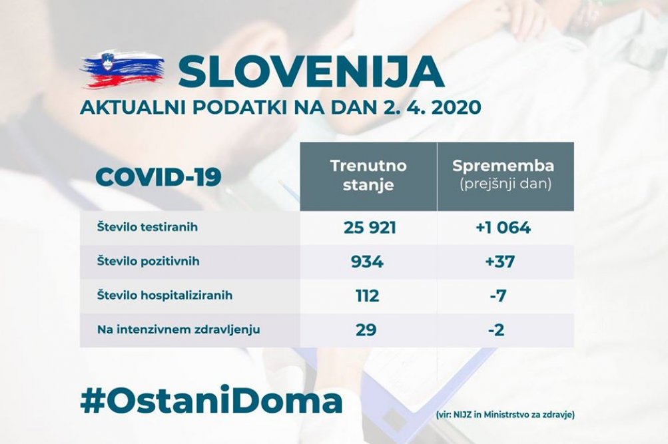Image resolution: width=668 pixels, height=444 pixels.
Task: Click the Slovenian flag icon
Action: coord(123,71)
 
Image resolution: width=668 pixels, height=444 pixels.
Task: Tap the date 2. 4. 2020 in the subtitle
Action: coord(429,107)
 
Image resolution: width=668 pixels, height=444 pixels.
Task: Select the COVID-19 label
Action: coord(159,176)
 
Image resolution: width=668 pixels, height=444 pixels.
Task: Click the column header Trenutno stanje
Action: coord(368,175)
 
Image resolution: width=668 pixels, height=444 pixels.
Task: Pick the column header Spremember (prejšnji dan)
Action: coord(503,174)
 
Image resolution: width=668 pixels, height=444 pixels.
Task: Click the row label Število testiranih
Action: coord(147,227)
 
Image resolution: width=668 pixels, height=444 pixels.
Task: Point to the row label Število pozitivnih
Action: coord(149,261)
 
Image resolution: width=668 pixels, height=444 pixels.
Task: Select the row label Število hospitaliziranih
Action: coord(165,296)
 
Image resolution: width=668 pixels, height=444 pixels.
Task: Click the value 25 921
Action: coord(370,227)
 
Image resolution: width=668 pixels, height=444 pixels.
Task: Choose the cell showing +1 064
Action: coord(503,227)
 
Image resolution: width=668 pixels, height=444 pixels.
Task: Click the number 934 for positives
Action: coord(367,262)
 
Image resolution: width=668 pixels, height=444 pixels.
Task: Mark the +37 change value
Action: coord(500,262)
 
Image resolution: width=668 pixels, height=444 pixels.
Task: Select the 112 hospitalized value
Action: coord(367,296)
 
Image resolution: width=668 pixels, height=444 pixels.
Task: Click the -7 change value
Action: coord(498,296)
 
